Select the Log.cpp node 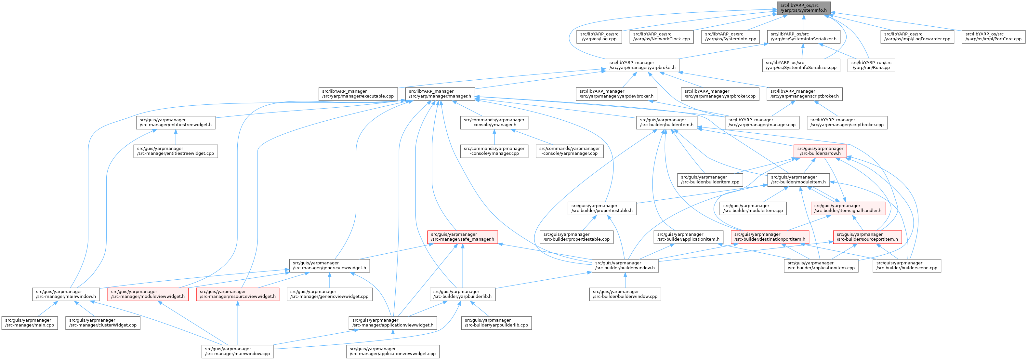click(599, 37)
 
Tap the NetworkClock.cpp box click(661, 37)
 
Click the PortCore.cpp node click(993, 37)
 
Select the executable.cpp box click(358, 94)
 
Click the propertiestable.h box click(602, 208)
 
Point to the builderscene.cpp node click(907, 265)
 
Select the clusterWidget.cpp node click(103, 323)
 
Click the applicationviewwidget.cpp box click(393, 352)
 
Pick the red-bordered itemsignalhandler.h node click(848, 208)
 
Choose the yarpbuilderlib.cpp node click(496, 323)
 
